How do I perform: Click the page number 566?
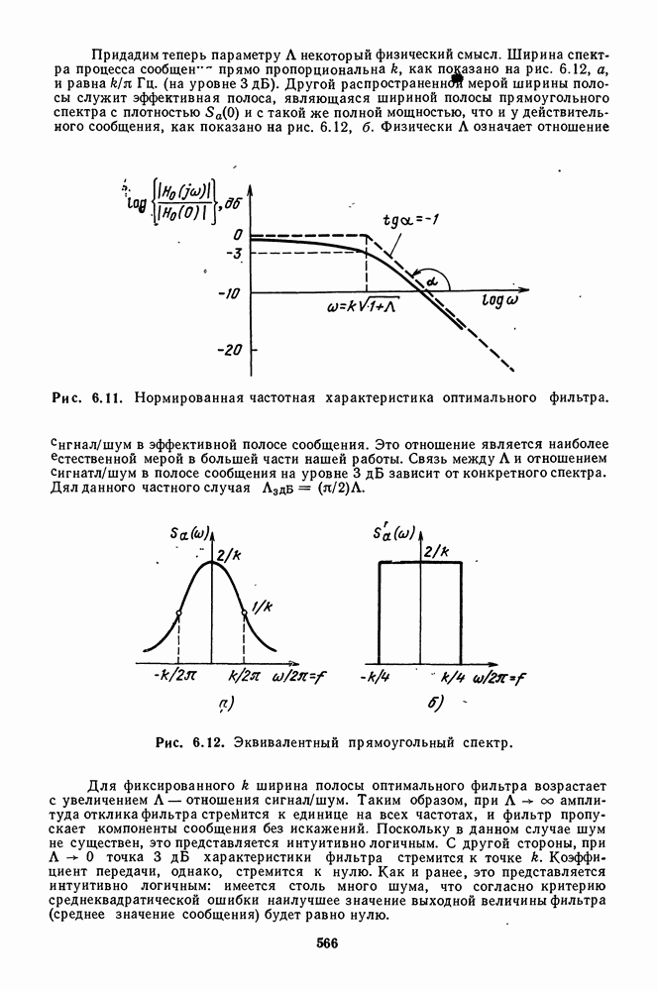tap(328, 942)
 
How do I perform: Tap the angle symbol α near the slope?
tap(433, 283)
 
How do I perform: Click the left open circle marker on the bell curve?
tap(177, 614)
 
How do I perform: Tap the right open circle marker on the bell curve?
tap(245, 614)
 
